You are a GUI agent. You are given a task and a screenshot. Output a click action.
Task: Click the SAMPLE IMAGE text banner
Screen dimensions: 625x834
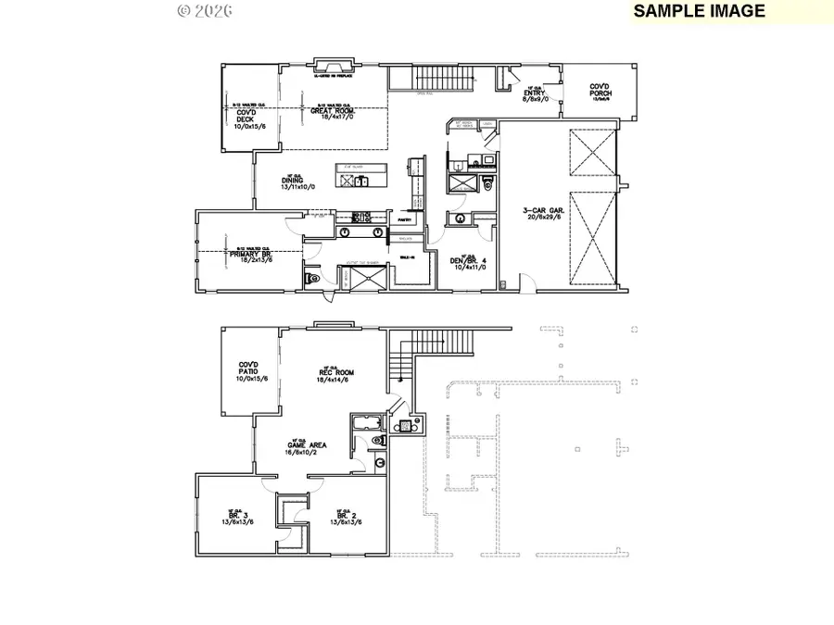700,11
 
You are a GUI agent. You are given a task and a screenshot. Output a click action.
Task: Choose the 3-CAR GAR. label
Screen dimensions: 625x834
542,215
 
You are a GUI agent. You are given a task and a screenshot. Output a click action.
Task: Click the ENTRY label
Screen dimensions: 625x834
537,94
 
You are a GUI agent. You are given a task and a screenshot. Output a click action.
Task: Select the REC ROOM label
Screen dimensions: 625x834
335,375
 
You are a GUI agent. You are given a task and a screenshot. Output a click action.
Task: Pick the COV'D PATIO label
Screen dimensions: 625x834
251,373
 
